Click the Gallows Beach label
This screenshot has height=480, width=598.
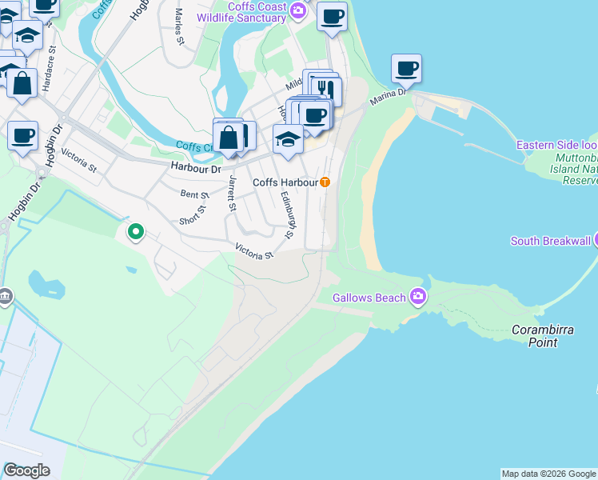(369, 298)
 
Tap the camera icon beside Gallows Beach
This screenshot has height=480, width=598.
(417, 298)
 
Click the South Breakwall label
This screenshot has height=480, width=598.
(550, 241)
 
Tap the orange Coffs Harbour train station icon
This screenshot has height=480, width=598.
(325, 182)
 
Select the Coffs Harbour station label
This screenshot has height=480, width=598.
(285, 182)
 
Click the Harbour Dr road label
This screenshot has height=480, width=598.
(195, 168)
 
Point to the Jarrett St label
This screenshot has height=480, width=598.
(232, 195)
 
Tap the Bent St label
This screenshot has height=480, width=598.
(194, 194)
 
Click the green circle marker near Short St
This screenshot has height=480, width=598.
(136, 232)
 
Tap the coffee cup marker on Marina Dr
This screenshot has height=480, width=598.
(406, 68)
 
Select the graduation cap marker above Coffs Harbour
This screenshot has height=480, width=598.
(288, 138)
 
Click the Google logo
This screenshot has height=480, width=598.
(26, 470)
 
